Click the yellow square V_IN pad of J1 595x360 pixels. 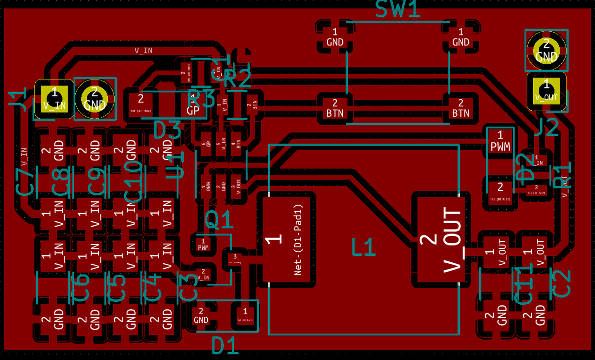pyautogui.click(x=54, y=99)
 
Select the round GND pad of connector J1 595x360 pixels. pyautogui.click(x=95, y=99)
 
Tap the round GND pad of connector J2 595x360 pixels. pyautogui.click(x=546, y=50)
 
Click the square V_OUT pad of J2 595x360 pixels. pyautogui.click(x=546, y=90)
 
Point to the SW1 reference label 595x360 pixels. pyautogui.click(x=397, y=9)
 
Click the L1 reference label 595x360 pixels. pyautogui.click(x=363, y=247)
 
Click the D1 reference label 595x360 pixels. pyautogui.click(x=225, y=345)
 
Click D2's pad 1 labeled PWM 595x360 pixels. pyautogui.click(x=500, y=142)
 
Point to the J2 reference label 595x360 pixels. pyautogui.click(x=545, y=127)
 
